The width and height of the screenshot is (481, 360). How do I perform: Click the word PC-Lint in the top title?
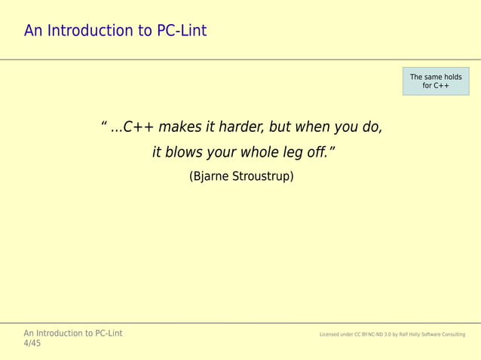[180, 31]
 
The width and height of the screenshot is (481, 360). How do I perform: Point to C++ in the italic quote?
[138, 127]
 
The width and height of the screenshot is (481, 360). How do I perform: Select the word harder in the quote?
[238, 127]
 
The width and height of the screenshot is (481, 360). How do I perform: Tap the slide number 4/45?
[32, 343]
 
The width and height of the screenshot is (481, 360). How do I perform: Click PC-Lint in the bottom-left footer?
[106, 333]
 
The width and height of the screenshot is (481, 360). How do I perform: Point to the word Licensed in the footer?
[332, 334]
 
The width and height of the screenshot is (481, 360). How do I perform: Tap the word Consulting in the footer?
[452, 334]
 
